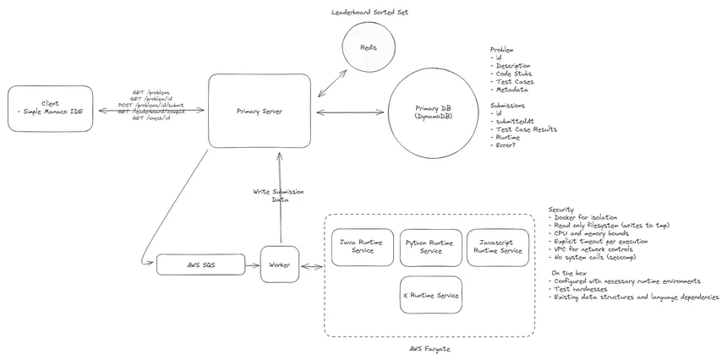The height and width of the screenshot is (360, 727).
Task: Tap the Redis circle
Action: [369, 47]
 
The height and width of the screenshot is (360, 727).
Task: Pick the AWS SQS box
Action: [200, 265]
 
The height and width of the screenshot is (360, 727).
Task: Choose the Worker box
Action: [279, 265]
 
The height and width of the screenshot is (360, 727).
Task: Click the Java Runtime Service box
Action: [362, 247]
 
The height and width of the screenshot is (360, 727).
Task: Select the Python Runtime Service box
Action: [431, 247]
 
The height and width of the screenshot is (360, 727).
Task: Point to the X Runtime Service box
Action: [431, 295]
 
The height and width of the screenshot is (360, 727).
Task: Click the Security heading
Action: [562, 209]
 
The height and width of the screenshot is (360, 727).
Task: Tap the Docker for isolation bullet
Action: [588, 217]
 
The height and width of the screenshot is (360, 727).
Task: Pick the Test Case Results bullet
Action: [526, 129]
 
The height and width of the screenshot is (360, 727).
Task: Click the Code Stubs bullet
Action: [516, 74]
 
